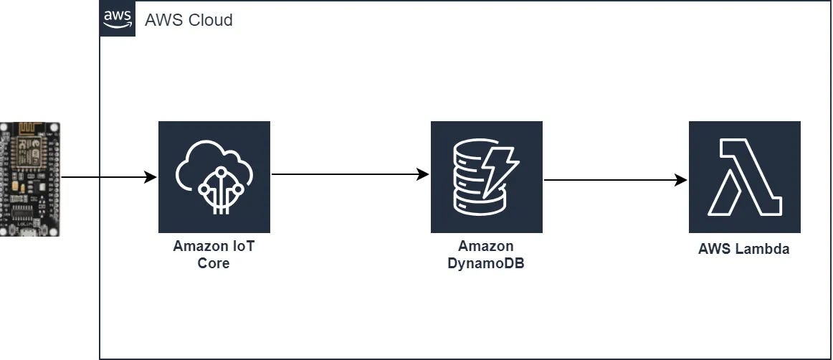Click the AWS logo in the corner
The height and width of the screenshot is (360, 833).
(117, 18)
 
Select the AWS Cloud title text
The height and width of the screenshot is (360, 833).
(189, 20)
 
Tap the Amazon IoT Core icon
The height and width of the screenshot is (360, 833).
(214, 177)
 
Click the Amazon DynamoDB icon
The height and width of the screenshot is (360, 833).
(487, 177)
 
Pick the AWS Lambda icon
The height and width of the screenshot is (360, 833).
(745, 177)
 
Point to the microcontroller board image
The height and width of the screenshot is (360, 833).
(30, 179)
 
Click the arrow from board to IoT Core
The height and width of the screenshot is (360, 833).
(108, 177)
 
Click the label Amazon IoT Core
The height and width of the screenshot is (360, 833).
(214, 255)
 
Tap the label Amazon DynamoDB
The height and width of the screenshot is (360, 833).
(487, 255)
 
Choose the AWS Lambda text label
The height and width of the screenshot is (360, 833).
(744, 250)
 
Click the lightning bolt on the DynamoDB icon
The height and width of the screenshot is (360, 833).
(500, 174)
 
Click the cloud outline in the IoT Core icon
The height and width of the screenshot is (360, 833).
(214, 161)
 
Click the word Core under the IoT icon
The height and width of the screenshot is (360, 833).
(214, 263)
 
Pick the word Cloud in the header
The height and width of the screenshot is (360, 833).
(211, 20)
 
